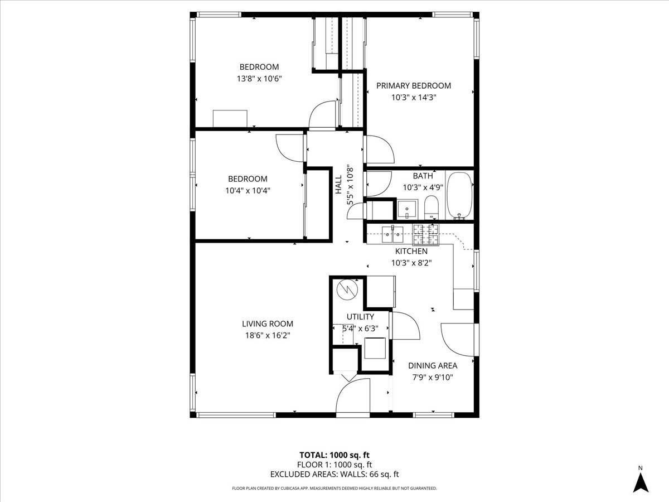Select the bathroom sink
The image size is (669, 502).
408,209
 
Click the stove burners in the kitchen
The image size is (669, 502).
426,235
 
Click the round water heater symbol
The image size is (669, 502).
347,289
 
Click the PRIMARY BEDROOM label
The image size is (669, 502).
413,86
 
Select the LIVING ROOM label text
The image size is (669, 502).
267,324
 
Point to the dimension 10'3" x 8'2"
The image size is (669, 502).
411,262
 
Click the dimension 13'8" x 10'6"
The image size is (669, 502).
259,79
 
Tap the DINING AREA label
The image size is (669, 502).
433,366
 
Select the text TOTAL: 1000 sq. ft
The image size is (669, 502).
334,454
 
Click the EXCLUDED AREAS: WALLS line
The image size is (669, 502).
334,475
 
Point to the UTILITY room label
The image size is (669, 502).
360,317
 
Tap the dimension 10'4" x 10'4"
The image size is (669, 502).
248,190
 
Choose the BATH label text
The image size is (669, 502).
423,176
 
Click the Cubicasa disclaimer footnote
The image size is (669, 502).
334,489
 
